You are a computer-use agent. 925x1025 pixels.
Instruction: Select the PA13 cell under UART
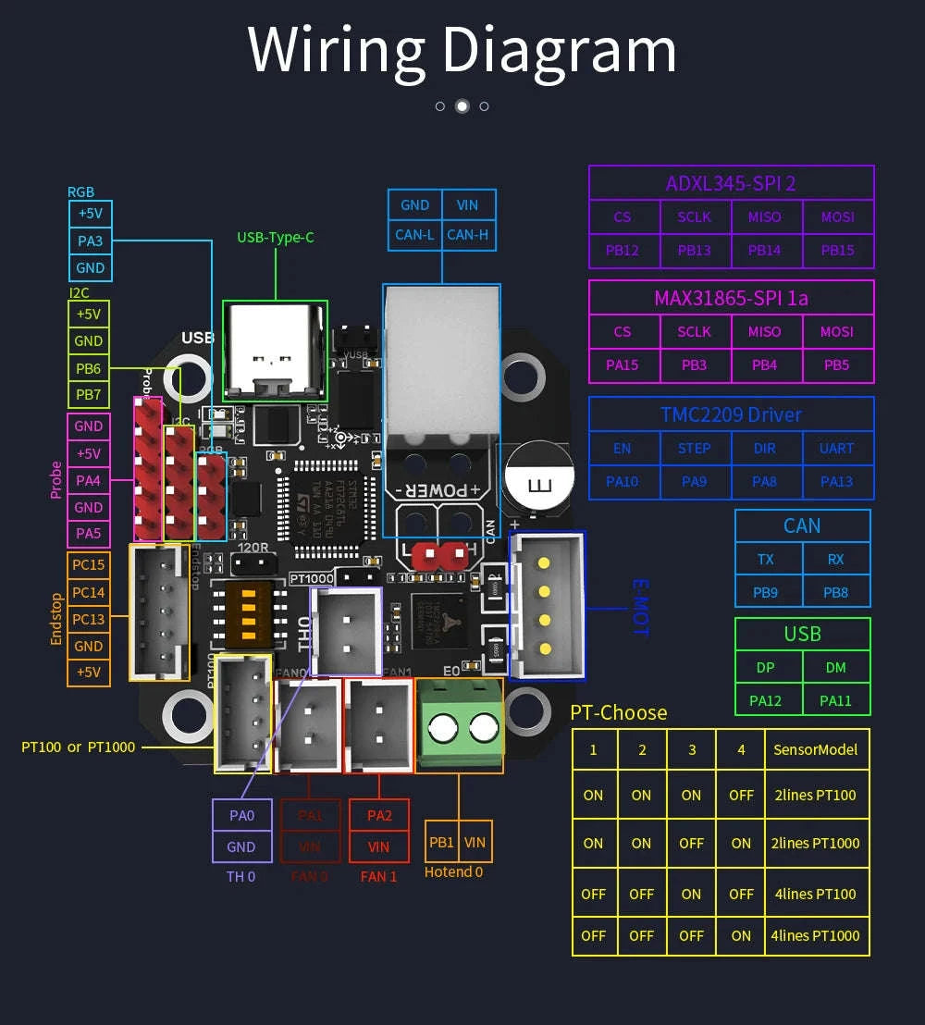(x=836, y=481)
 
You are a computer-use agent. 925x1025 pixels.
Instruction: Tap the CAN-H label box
(x=467, y=234)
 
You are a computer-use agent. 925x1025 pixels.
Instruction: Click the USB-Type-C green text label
(x=275, y=238)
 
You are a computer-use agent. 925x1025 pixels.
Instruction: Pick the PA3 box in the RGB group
(x=91, y=241)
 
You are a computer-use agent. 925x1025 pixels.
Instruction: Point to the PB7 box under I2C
(x=89, y=394)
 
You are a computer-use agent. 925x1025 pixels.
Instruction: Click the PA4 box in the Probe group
(x=89, y=480)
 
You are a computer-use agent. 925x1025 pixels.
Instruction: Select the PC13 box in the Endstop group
(x=89, y=619)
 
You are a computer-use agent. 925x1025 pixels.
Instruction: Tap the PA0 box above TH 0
(x=241, y=816)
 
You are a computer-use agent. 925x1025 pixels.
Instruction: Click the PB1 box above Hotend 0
(x=442, y=843)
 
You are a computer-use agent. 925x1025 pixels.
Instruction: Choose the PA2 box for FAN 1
(x=379, y=816)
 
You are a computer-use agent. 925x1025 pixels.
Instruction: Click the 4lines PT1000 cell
(x=815, y=935)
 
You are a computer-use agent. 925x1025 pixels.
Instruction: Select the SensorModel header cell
(x=815, y=749)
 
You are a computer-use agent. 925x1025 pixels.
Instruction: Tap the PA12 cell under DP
(x=766, y=700)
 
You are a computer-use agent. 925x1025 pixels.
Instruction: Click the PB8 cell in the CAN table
(x=835, y=592)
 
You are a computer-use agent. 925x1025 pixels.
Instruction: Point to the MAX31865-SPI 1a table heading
(x=731, y=298)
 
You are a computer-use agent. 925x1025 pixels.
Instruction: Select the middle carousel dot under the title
(x=462, y=106)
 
